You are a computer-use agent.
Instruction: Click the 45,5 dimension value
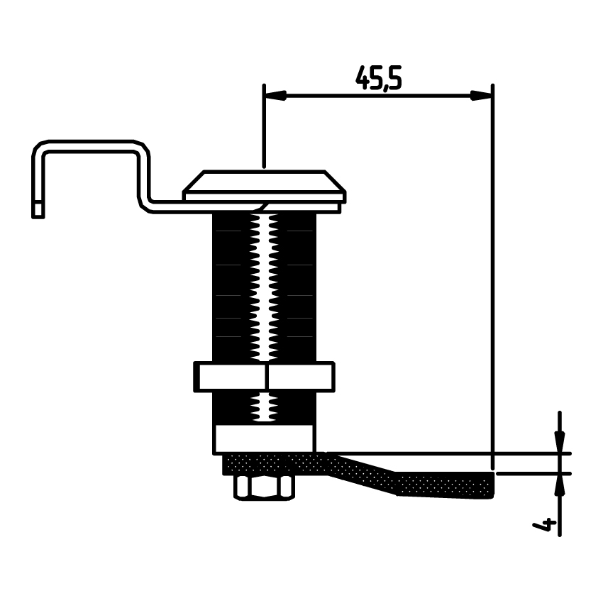[378, 78]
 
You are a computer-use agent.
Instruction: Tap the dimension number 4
[544, 524]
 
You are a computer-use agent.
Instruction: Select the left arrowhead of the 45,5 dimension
[276, 95]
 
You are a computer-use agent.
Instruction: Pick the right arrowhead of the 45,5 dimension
[481, 95]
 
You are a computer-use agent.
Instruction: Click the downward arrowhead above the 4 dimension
[560, 441]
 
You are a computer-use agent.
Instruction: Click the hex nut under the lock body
[264, 487]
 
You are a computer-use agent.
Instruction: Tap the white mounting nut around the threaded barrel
[264, 377]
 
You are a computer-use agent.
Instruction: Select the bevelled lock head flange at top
[265, 186]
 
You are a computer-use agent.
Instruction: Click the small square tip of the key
[38, 211]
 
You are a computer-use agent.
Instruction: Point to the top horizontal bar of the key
[91, 146]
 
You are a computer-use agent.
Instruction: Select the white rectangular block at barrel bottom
[264, 439]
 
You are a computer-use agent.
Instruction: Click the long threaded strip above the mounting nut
[264, 287]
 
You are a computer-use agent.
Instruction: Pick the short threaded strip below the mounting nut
[264, 408]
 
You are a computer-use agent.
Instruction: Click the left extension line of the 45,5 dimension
[264, 126]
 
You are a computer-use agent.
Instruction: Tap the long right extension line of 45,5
[492, 277]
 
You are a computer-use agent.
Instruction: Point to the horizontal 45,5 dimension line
[378, 95]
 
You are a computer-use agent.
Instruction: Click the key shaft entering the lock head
[204, 206]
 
